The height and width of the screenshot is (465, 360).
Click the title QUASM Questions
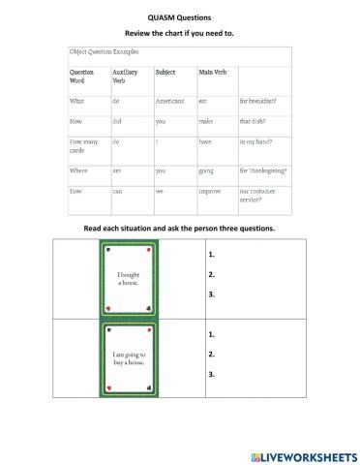180,17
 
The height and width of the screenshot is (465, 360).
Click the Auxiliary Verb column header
125,77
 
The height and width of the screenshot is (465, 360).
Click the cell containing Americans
169,101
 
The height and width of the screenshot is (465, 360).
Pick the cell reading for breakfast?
260,101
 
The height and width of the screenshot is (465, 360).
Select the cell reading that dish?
255,122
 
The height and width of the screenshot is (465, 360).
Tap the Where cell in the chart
78,170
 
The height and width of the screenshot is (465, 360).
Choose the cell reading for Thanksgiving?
263,170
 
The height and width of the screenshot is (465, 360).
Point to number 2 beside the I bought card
211,275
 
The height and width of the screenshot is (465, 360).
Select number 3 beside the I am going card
211,374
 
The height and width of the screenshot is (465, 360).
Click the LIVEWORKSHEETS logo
302,453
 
